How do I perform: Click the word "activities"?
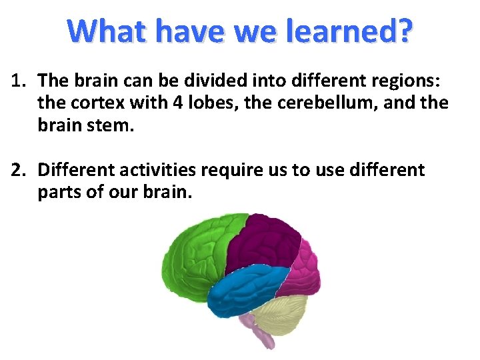point(158,171)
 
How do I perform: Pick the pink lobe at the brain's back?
point(303,267)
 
